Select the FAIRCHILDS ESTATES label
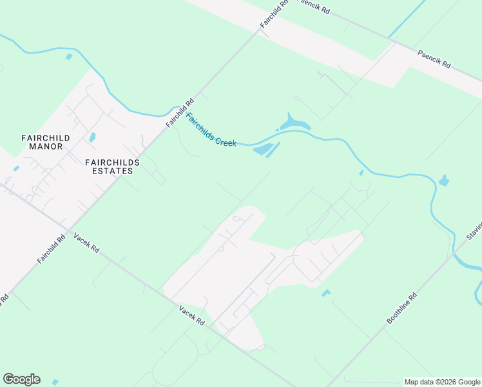click(109, 166)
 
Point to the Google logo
click(21, 379)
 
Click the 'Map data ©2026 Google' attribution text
click(442, 382)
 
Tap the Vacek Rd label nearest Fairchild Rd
click(86, 242)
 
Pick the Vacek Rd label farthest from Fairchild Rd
click(191, 316)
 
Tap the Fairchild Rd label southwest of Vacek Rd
click(52, 248)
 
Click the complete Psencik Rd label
click(434, 60)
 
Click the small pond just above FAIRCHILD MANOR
click(93, 137)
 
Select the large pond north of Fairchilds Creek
click(293, 122)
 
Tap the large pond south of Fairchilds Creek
click(266, 150)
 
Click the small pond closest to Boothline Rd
click(326, 293)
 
